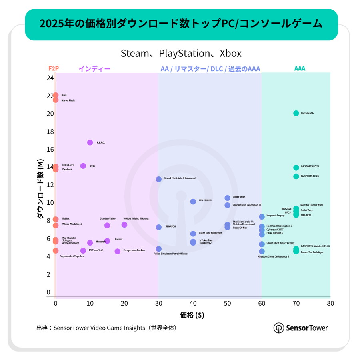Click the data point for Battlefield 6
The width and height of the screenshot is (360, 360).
296,113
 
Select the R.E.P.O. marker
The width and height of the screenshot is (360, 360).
90,142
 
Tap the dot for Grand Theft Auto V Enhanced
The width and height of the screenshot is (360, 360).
159,179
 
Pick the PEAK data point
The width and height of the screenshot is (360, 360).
83,166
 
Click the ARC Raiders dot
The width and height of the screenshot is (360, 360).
193,202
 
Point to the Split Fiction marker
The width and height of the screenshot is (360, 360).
228,198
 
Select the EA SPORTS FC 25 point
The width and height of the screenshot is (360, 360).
296,168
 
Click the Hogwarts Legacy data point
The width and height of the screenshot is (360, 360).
262,217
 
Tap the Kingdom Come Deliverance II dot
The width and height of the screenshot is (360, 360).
262,252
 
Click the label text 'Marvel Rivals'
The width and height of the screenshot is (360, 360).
68,100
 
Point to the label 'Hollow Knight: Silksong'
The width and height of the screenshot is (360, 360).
136,219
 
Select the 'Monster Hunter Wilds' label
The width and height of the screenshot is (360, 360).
312,205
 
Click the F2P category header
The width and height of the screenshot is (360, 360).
54,68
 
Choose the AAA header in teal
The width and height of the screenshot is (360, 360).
300,68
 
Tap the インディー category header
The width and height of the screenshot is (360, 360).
94,69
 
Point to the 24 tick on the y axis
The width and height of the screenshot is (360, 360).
50,78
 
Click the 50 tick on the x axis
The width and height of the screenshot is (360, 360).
227,303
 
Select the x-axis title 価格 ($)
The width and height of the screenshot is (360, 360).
192,315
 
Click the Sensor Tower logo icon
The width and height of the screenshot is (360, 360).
279,328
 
